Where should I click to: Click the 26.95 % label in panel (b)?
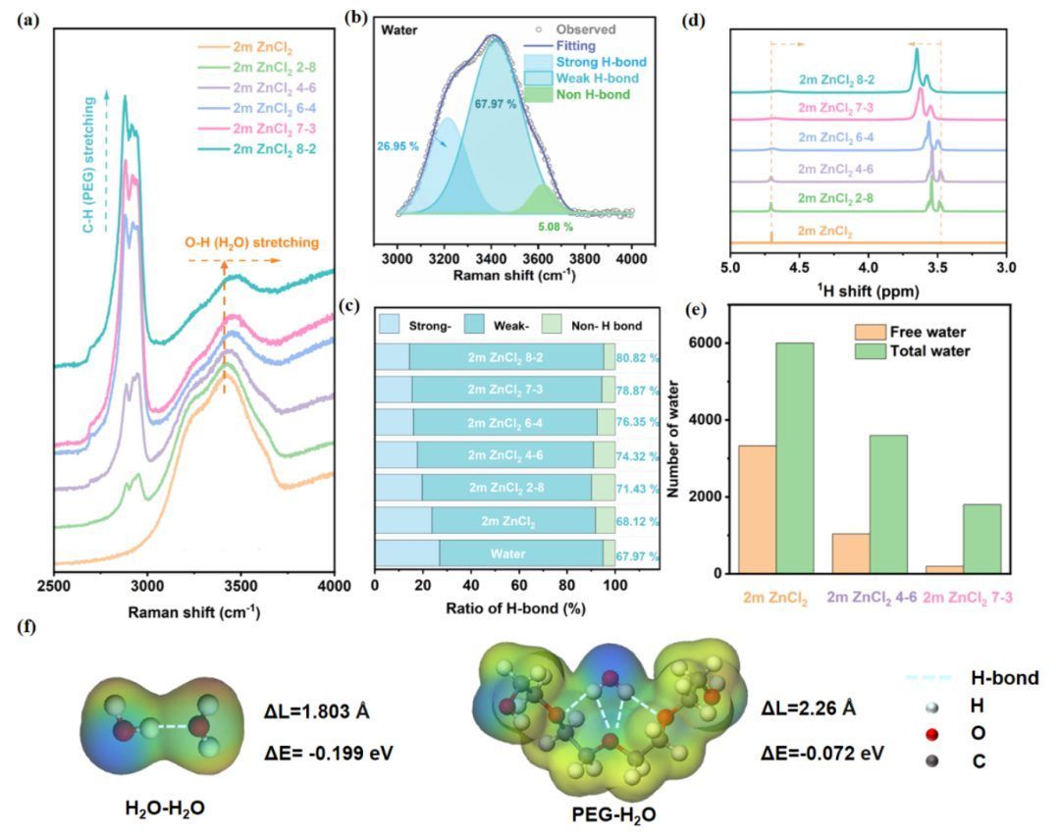[397, 146]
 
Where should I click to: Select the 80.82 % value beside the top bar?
[639, 358]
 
